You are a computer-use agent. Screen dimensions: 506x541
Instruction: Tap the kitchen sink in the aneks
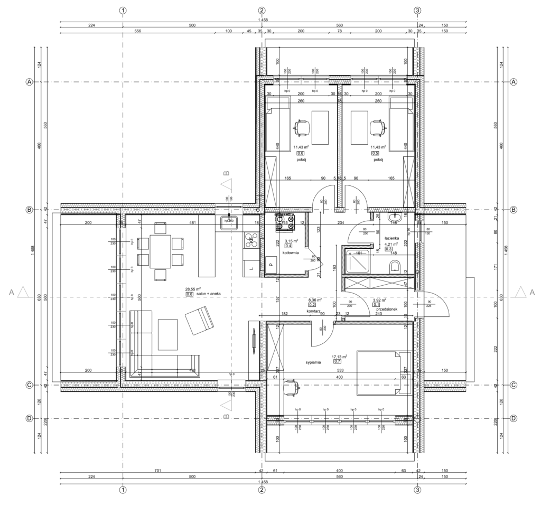point(229,223)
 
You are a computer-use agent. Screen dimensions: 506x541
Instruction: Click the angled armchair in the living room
point(199,321)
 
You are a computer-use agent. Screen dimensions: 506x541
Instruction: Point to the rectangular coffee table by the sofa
point(169,334)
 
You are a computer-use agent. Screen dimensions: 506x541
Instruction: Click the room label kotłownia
point(291,253)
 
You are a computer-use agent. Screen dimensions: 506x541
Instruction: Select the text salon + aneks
point(208,294)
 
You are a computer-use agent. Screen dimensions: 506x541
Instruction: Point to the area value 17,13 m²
point(339,357)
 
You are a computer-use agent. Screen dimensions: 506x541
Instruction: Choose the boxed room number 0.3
point(388,249)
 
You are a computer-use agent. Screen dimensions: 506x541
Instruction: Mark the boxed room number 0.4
point(288,246)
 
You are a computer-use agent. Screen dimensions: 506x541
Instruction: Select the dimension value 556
point(137,31)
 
